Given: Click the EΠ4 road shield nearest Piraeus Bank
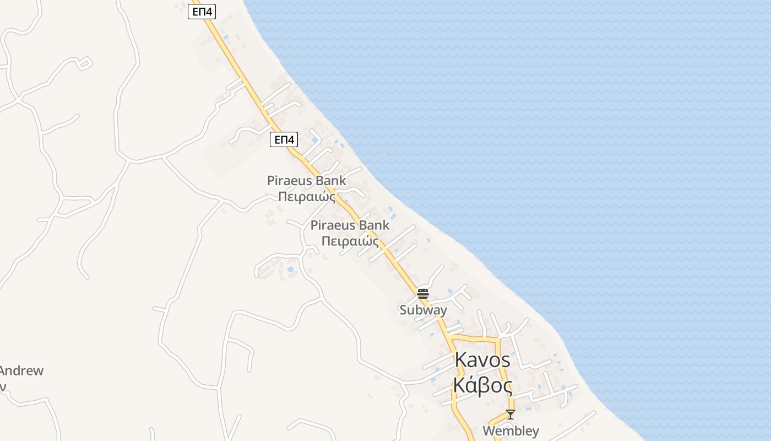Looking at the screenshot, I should click(284, 139).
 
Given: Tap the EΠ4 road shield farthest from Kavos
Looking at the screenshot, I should click(202, 12).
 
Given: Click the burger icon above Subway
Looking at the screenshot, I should click(423, 293).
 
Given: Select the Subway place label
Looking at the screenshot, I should click(423, 310).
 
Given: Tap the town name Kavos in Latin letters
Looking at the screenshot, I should click(482, 360).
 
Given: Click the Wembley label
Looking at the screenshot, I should click(511, 431).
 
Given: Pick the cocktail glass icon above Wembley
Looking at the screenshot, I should click(511, 414).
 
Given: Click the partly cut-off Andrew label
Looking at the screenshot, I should click(21, 370).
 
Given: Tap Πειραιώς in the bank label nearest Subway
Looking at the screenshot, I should click(350, 241).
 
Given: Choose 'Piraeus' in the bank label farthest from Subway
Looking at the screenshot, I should click(287, 180).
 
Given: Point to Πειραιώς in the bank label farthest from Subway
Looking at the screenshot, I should click(306, 196).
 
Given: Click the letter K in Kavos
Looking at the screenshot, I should click(461, 360).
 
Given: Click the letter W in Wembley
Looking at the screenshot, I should click(488, 431).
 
